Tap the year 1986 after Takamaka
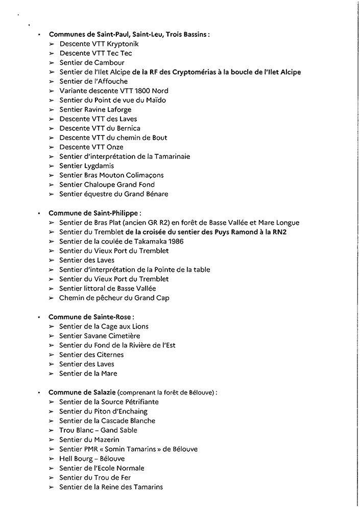click(174, 241)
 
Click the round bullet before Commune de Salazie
click(39, 393)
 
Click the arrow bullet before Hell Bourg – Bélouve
click(52, 459)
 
